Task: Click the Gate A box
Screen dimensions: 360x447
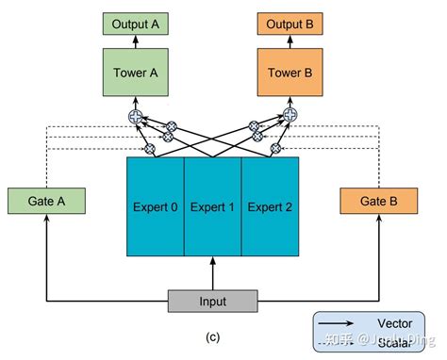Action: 44,201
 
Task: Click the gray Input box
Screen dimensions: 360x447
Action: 212,301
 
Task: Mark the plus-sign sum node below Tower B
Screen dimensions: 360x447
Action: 289,117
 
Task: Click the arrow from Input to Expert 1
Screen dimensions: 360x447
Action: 212,273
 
